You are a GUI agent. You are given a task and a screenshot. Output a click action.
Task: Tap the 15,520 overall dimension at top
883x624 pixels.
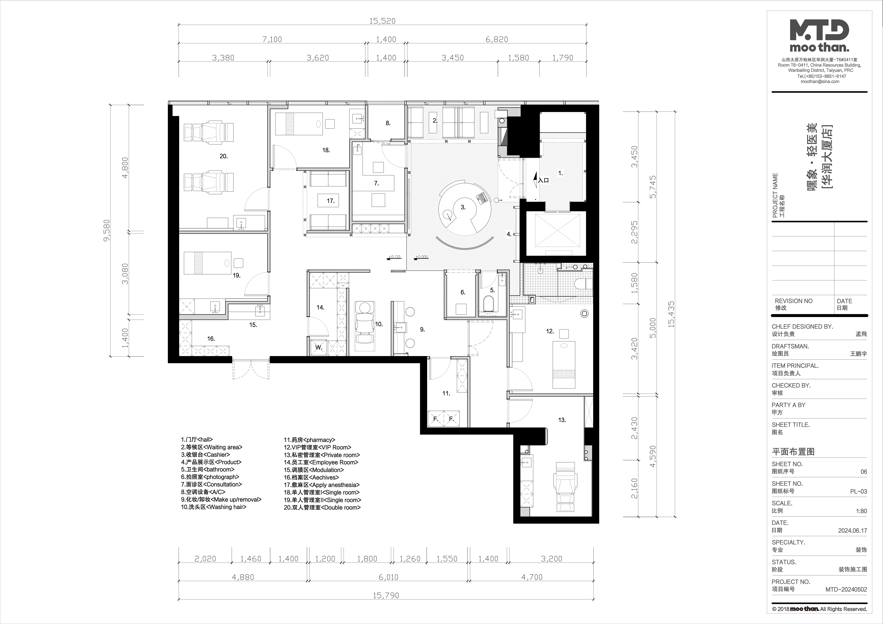(x=382, y=21)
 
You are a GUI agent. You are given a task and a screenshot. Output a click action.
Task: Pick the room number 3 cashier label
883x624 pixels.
(x=463, y=207)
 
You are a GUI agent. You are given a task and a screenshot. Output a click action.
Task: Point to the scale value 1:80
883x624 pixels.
(x=861, y=511)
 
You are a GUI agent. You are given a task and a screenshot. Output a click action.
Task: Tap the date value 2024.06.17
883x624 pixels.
(x=853, y=531)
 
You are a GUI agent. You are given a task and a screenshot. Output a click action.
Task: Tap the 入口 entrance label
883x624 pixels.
(x=543, y=180)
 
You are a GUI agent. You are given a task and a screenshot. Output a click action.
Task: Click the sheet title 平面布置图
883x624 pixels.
(x=793, y=452)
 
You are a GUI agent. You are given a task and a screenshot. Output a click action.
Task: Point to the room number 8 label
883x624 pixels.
(x=388, y=123)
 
